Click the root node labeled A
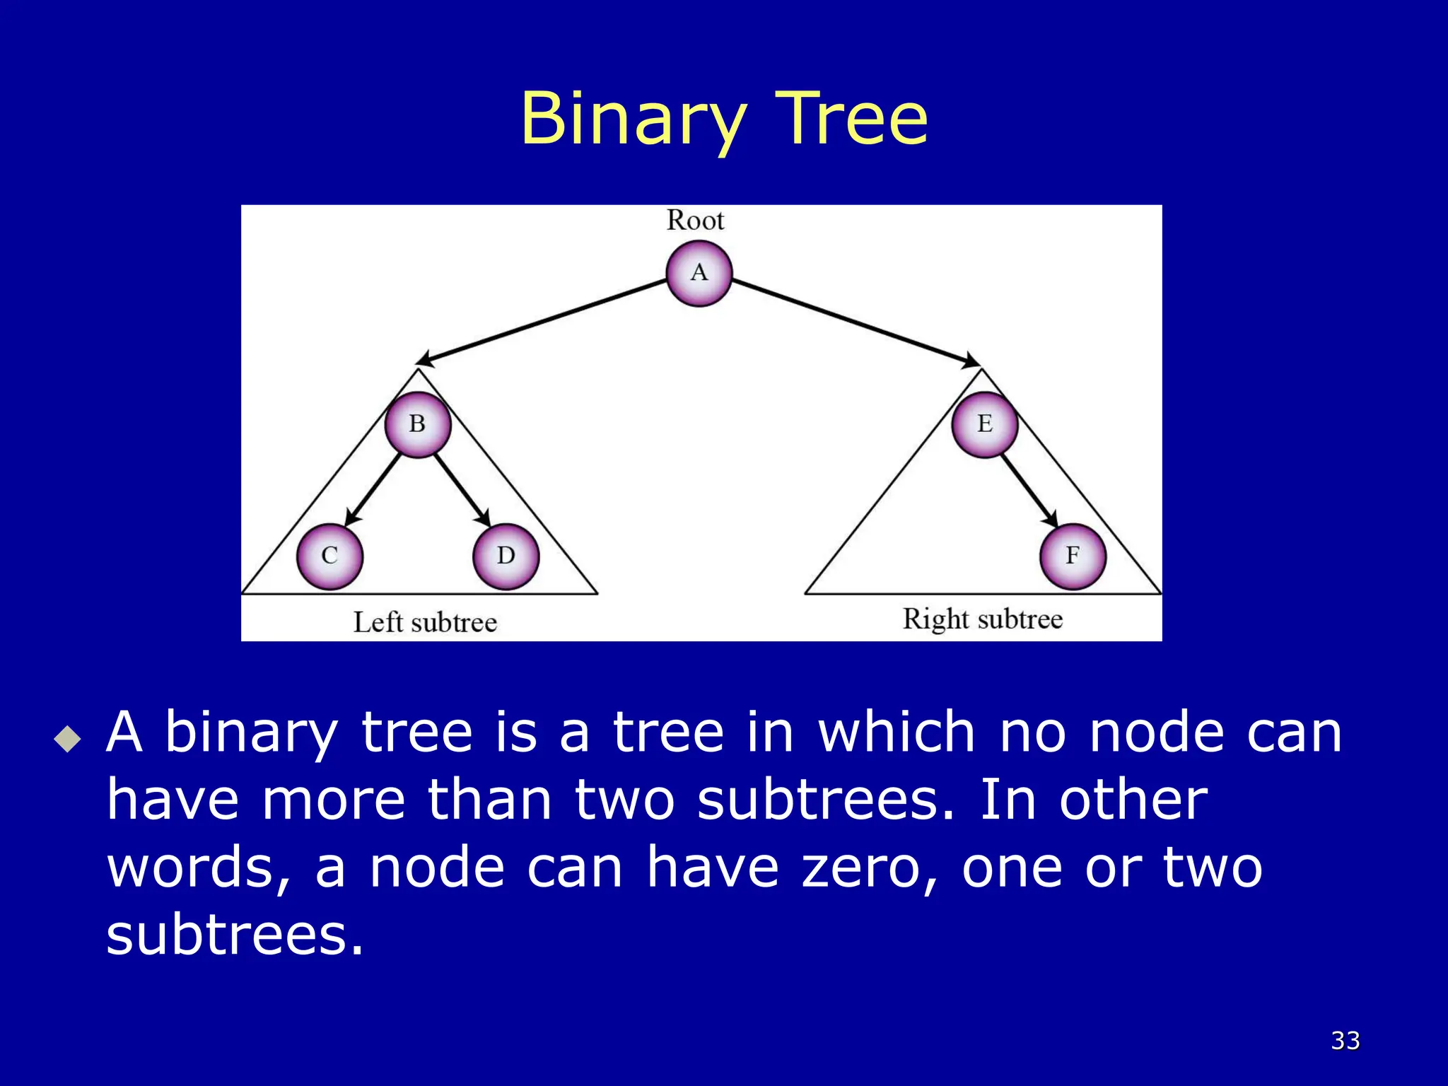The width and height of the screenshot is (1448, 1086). (x=699, y=273)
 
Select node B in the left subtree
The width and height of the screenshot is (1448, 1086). (x=417, y=424)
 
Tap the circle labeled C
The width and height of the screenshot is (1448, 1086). (x=329, y=556)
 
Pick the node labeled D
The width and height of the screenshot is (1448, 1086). (x=506, y=556)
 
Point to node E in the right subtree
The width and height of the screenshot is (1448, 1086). (x=984, y=424)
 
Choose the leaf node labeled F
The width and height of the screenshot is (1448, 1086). (x=1073, y=556)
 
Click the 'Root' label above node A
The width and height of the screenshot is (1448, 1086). (x=695, y=221)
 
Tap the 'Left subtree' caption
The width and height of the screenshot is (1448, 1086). (x=425, y=623)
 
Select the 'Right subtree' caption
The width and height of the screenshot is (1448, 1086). (x=982, y=619)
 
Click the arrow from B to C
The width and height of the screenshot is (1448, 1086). (x=372, y=491)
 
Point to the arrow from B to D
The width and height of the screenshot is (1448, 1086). (x=462, y=489)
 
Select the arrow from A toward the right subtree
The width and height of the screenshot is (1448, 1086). (x=856, y=322)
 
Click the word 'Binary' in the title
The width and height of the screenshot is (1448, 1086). (x=633, y=120)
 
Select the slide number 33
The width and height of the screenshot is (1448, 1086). (x=1345, y=1040)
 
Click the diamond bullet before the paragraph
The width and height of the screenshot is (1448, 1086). (x=68, y=740)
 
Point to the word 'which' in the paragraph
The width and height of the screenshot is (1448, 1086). (x=897, y=732)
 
